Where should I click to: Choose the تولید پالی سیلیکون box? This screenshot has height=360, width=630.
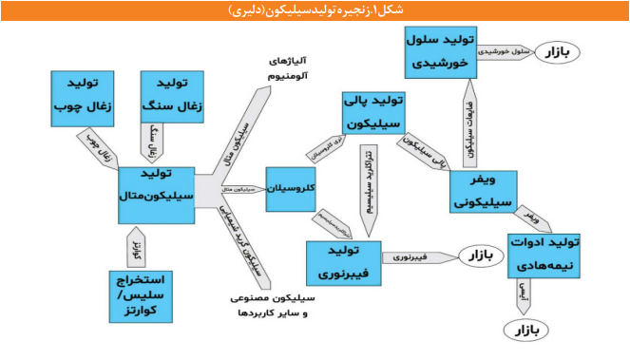coord(378,113)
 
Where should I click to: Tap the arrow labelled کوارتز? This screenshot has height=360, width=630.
coord(135,249)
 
